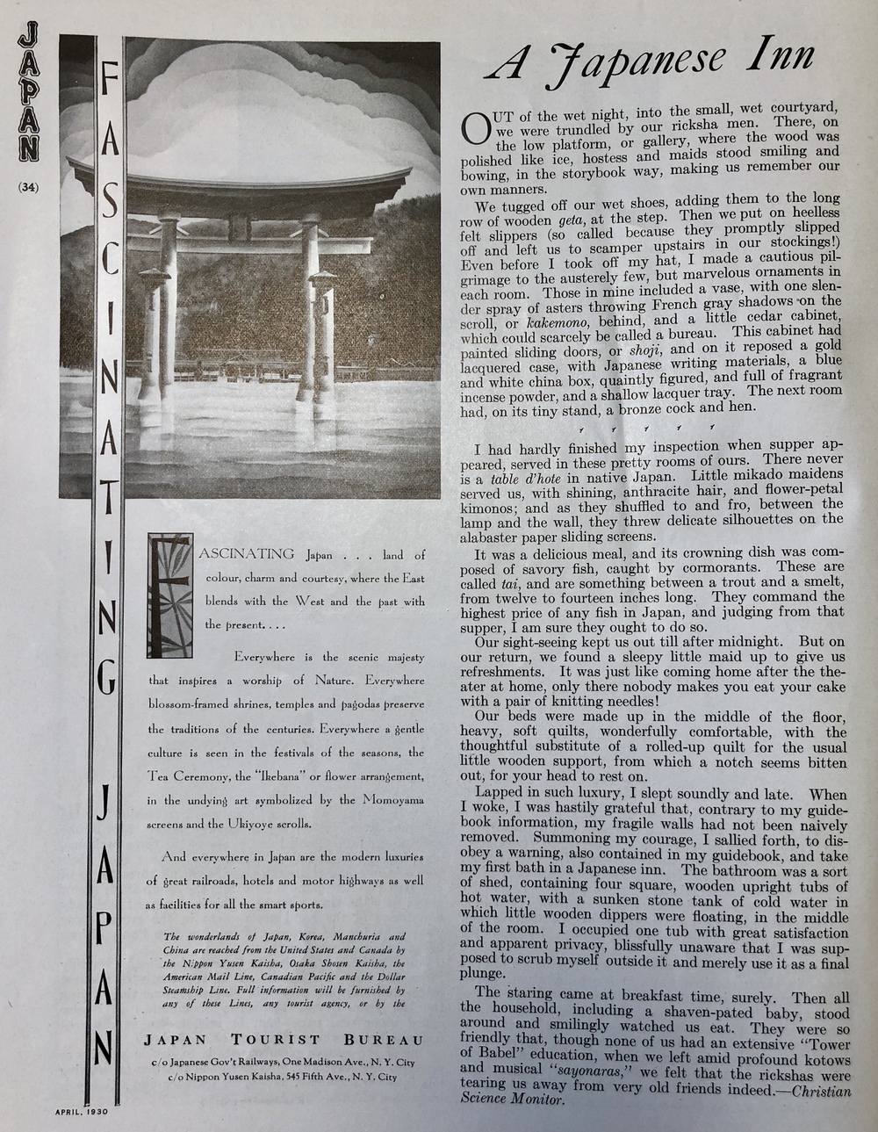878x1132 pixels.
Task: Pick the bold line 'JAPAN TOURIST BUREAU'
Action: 283,1040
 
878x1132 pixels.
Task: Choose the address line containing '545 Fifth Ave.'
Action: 291,1077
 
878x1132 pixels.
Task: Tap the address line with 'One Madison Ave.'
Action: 283,1063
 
